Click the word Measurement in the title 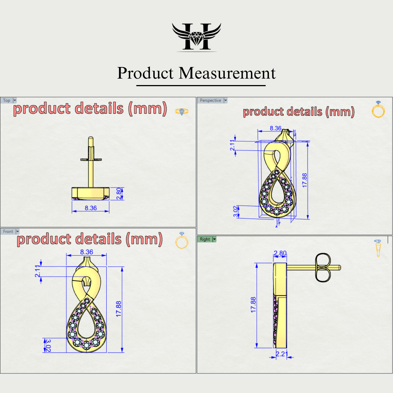click(x=227, y=73)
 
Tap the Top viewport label click(x=7, y=100)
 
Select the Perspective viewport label click(x=210, y=100)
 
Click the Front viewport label click(x=8, y=232)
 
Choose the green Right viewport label click(x=205, y=239)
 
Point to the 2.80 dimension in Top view click(x=119, y=193)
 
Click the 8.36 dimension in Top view click(x=91, y=208)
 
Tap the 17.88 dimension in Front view click(x=119, y=309)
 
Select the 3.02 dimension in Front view click(x=48, y=345)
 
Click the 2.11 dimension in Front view click(x=38, y=271)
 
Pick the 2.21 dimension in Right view click(x=281, y=354)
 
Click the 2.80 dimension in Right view click(x=280, y=253)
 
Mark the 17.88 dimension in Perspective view click(x=305, y=180)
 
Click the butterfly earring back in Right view click(x=323, y=268)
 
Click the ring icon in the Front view click(x=182, y=241)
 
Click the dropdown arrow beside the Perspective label click(x=225, y=100)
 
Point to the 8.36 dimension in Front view click(x=86, y=252)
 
